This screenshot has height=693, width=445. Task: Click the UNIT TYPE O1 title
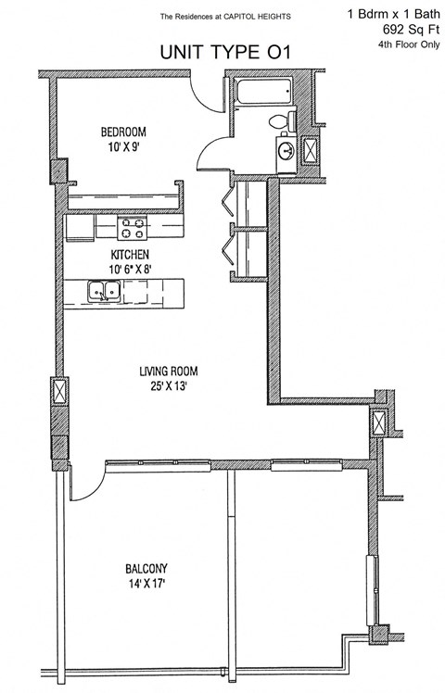[225, 54]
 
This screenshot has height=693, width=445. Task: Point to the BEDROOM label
[123, 132]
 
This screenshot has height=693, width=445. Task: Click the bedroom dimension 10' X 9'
[123, 145]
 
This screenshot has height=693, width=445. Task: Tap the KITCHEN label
[130, 254]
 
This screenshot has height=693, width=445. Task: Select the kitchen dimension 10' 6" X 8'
[130, 268]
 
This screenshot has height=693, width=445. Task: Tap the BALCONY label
[146, 568]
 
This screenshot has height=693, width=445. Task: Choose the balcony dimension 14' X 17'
[146, 583]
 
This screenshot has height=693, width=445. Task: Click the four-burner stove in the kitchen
[133, 225]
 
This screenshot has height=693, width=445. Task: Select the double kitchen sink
[101, 293]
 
